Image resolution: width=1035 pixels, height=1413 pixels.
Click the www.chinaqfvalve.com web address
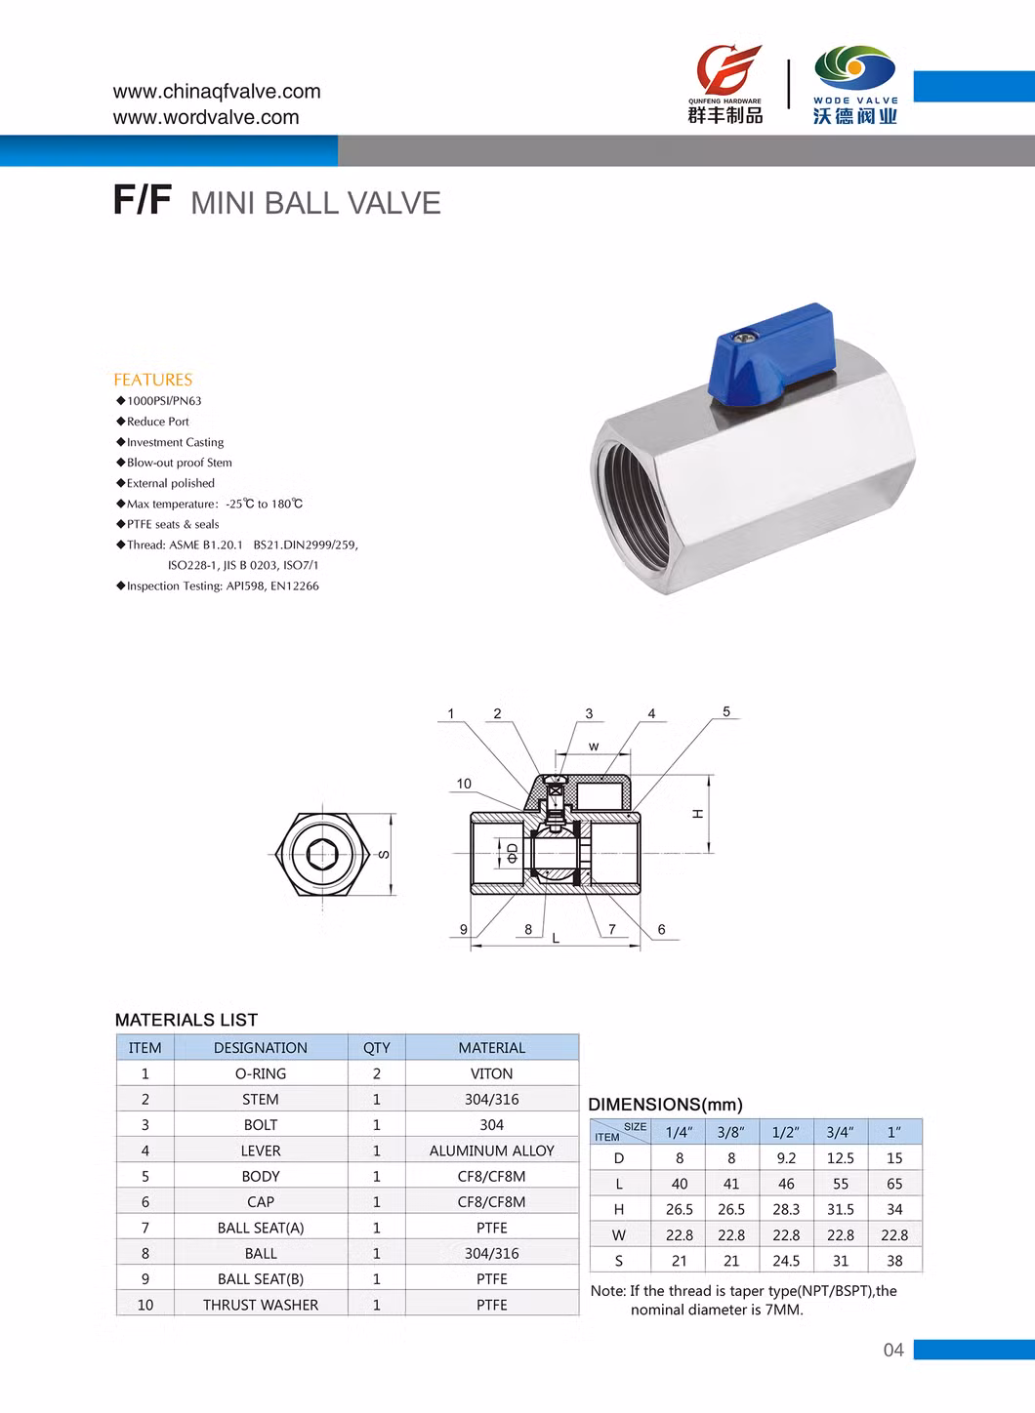pos(217,92)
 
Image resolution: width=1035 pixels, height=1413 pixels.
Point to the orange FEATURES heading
pos(152,380)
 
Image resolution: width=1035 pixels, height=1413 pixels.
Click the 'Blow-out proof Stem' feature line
pos(180,463)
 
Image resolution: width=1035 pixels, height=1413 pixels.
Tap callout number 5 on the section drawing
pos(726,711)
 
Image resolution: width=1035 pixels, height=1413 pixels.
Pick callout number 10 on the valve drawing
pos(464,784)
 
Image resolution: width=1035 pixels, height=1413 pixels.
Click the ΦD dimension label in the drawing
pos(513,852)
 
